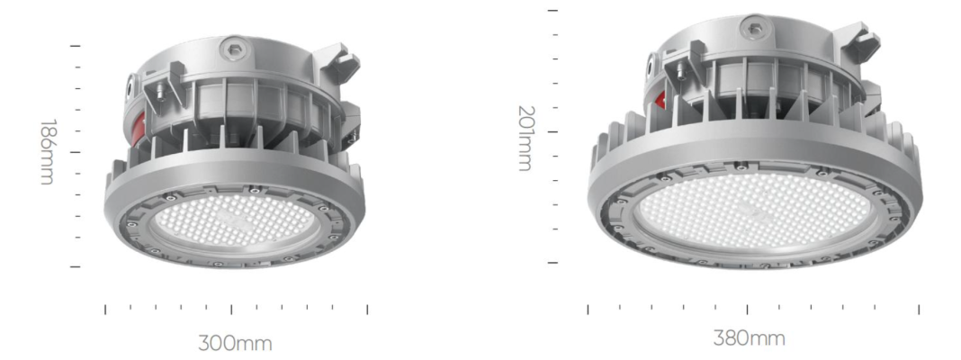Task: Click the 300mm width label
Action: pos(235,343)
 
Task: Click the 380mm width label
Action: pos(749,337)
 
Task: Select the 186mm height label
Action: pos(47,152)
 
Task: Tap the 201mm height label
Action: pos(525,138)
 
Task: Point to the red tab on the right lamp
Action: pos(660,101)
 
